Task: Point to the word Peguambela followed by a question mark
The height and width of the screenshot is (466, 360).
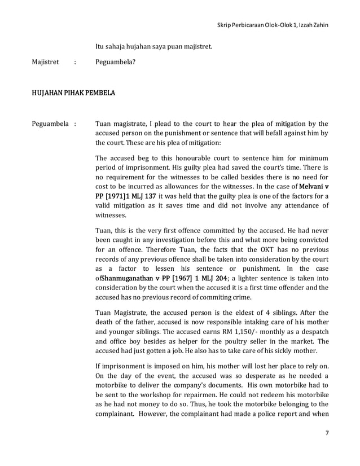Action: point(116,63)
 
